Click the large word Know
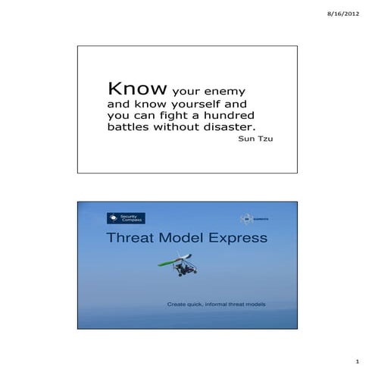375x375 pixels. [137, 89]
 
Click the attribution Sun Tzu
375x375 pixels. [255, 140]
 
